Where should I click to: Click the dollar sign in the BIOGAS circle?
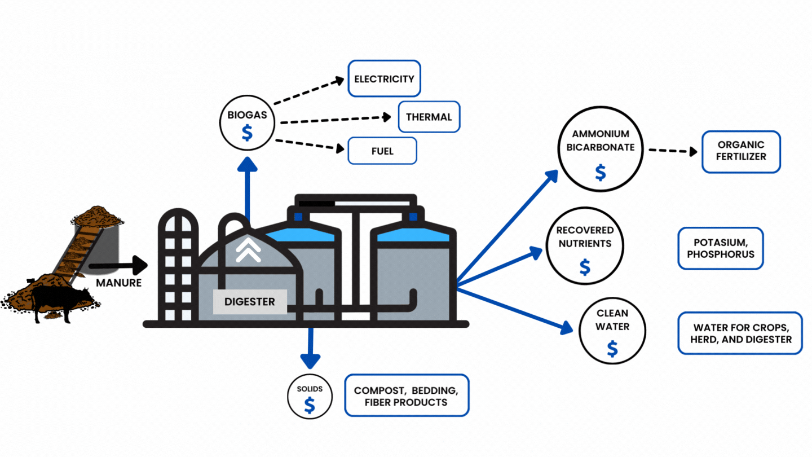point(247,133)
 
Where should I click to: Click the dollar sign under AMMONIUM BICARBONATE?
point(601,172)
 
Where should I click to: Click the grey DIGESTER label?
point(250,301)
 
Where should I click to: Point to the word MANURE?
point(118,283)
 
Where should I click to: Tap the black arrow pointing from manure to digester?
point(118,266)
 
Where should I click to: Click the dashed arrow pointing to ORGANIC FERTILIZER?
point(673,151)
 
